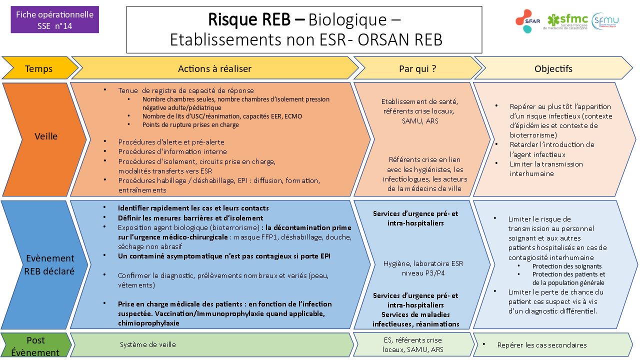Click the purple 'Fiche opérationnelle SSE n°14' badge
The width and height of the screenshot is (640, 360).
tap(54, 20)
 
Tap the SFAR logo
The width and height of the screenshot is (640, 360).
tap(526, 21)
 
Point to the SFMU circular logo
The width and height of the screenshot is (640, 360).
tap(605, 21)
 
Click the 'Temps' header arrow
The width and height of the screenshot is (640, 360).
tap(38, 68)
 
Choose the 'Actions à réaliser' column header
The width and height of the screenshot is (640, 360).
tap(214, 68)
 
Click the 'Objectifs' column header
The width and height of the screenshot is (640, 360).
tap(553, 68)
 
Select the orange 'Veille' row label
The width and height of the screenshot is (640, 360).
tap(45, 136)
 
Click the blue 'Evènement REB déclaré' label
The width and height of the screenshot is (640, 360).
tap(49, 265)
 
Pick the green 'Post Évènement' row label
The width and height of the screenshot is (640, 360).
tap(35, 346)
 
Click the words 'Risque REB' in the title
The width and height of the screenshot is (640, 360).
tap(249, 19)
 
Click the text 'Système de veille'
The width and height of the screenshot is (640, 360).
tap(147, 344)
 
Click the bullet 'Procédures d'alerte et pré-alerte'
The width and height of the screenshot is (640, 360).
tap(171, 142)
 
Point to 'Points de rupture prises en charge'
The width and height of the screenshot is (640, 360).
tap(190, 125)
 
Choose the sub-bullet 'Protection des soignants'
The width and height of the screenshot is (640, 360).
tap(566, 266)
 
